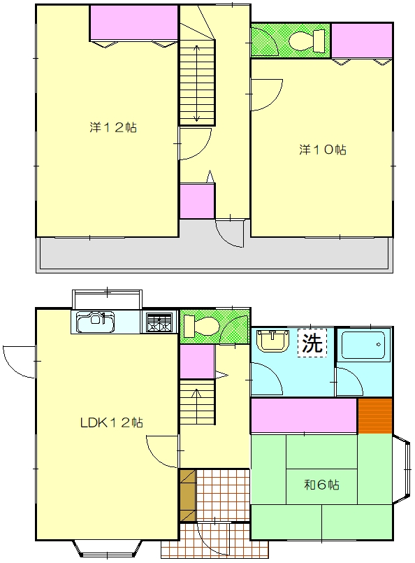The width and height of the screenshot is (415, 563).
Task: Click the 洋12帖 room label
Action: pos(113,127)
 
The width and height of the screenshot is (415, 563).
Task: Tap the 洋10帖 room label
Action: pos(323,150)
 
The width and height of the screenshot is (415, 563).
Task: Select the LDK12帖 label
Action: pos(112,422)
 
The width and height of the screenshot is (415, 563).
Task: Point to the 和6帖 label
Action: pos(321,485)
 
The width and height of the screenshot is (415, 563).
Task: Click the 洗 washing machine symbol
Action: pos(312,343)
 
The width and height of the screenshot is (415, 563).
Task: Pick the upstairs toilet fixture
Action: pos(307,41)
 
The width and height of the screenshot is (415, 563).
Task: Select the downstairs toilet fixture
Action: pos(201,325)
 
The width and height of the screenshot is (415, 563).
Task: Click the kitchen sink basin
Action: pos(96,322)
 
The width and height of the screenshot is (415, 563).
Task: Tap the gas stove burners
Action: pos(159,322)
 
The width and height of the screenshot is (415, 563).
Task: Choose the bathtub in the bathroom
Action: pos(363,345)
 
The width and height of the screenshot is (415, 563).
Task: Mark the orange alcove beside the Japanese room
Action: pos(375,415)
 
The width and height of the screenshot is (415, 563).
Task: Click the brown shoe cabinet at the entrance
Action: pos(188,495)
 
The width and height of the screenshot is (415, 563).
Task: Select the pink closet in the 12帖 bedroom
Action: pos(133,22)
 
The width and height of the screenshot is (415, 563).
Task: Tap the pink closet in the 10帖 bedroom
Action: pos(362,41)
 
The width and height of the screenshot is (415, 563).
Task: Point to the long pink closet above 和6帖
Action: pos(304,415)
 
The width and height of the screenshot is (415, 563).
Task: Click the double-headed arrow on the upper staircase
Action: pos(197,84)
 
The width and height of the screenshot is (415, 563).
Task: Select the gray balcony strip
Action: pos(214,254)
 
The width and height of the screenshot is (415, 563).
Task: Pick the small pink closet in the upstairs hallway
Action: pos(197,201)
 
